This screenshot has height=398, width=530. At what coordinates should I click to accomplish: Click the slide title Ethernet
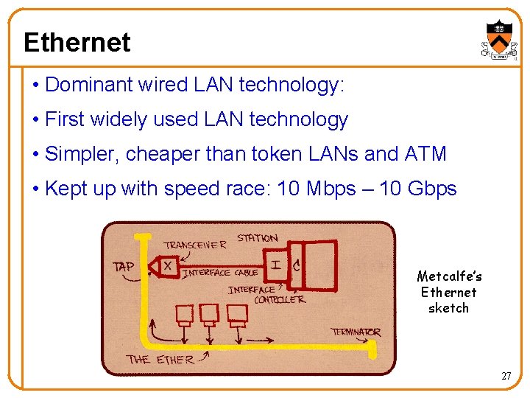click(77, 42)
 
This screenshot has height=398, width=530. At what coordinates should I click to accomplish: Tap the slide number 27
click(506, 376)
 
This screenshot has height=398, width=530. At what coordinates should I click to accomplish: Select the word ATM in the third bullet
click(425, 154)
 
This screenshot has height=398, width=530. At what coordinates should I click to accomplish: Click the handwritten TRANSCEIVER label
click(195, 245)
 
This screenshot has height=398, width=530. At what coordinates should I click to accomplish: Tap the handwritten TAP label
click(123, 266)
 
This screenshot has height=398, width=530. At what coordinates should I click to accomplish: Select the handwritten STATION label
click(258, 238)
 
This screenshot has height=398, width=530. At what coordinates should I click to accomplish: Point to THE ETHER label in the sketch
click(160, 360)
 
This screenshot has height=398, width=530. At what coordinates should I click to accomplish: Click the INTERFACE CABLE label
click(220, 272)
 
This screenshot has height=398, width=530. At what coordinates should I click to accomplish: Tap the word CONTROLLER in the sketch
click(279, 300)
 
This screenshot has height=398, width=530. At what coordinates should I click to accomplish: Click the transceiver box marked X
click(168, 265)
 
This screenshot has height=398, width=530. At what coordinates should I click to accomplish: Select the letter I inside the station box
click(275, 264)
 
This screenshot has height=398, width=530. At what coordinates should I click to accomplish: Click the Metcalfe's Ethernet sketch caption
click(449, 292)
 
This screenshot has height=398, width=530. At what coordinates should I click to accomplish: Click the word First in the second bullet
click(63, 119)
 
